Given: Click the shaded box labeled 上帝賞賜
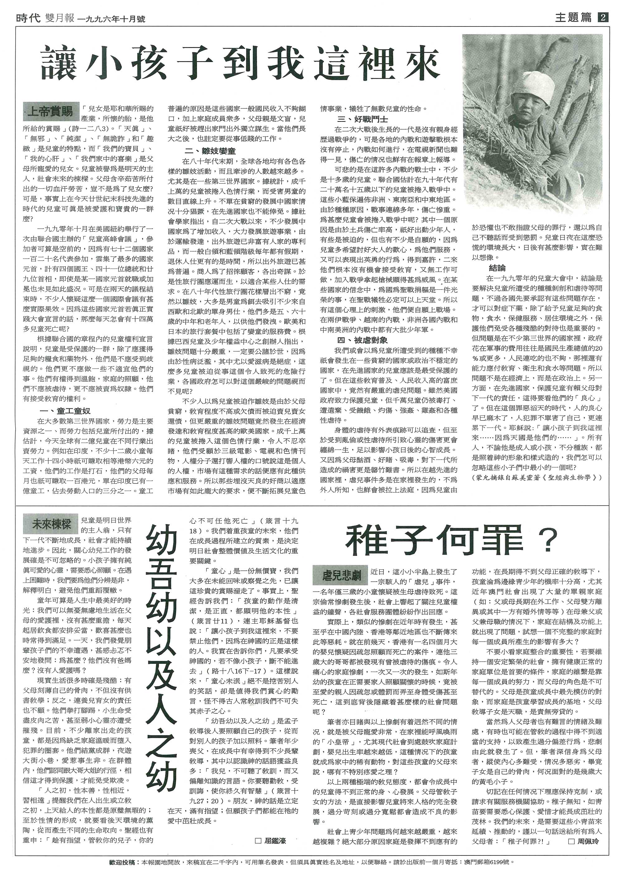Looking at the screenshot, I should point(51,111).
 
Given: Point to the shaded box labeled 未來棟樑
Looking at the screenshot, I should point(51,524).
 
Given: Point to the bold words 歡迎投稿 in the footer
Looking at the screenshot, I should point(121,851).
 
